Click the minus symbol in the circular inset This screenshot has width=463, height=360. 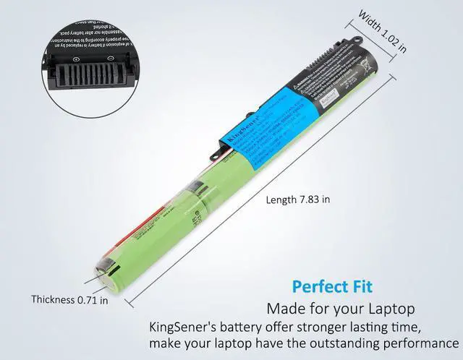110,59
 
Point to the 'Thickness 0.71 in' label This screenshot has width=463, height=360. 70,299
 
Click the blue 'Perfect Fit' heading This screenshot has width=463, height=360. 332,286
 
